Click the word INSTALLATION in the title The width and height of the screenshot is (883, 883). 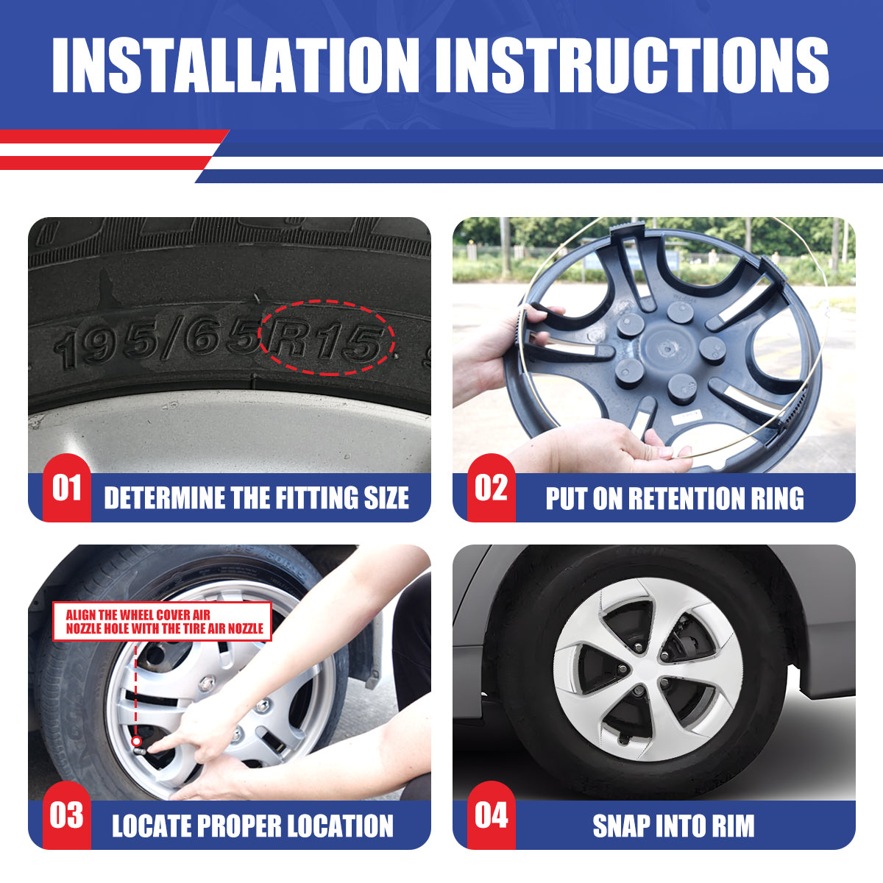[x=235, y=65]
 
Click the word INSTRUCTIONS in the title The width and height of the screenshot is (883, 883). [x=632, y=65]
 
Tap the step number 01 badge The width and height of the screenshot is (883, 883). [x=67, y=488]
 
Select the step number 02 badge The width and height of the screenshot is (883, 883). [x=492, y=488]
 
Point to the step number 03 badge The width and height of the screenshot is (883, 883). [x=67, y=815]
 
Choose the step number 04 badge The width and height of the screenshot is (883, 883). [x=492, y=815]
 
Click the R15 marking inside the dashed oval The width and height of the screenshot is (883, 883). [x=326, y=340]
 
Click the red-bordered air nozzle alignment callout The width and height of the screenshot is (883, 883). [x=162, y=622]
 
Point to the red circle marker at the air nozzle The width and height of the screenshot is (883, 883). [x=136, y=741]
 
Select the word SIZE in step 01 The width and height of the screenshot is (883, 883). [x=386, y=497]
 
